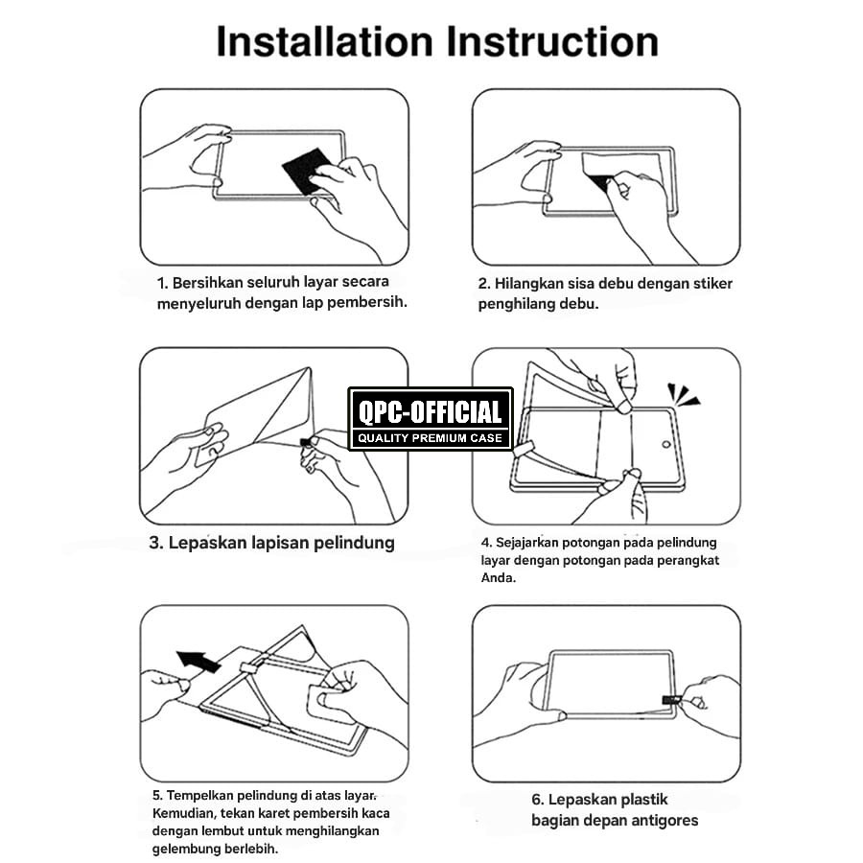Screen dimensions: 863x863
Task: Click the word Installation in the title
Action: click(x=325, y=41)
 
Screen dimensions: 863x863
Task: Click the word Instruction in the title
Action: click(x=552, y=41)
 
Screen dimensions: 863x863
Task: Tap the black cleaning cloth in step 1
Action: click(x=308, y=170)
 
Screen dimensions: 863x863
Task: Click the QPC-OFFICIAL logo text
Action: click(x=431, y=412)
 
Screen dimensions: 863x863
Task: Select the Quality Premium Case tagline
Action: click(x=431, y=438)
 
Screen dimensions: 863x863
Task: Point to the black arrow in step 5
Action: click(x=198, y=661)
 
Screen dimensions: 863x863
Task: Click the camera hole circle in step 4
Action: click(x=665, y=444)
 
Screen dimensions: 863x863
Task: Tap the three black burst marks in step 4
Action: click(x=683, y=395)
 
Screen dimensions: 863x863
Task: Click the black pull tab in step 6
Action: click(x=671, y=700)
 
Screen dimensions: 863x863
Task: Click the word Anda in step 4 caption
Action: click(x=498, y=578)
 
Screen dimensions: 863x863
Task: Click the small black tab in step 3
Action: click(x=306, y=442)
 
